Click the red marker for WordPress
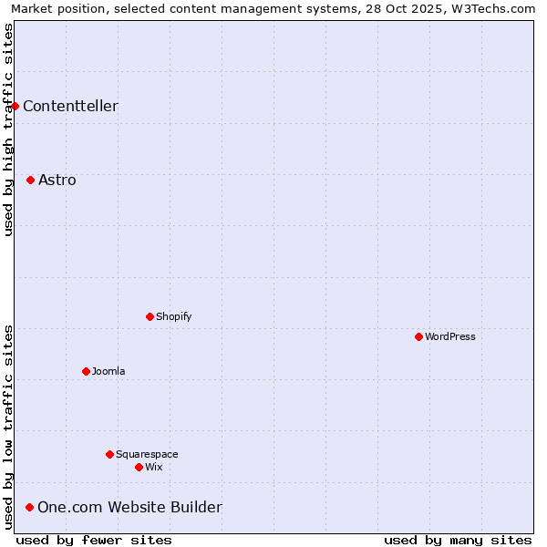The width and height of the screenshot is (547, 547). click(x=418, y=336)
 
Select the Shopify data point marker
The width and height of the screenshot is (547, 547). click(x=150, y=316)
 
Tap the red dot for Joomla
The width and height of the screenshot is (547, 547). click(x=86, y=371)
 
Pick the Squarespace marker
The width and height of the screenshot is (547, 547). click(x=109, y=454)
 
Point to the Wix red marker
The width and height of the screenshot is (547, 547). click(x=139, y=467)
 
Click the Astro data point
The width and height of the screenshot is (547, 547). click(x=30, y=180)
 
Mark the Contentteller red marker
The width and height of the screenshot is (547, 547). click(x=15, y=106)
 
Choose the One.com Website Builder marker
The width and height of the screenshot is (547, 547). click(x=29, y=507)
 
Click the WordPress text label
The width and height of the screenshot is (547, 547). click(x=450, y=336)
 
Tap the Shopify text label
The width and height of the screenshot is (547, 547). click(x=174, y=316)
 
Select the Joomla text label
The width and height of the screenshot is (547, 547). click(x=108, y=371)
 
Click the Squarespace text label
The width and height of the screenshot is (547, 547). click(x=147, y=454)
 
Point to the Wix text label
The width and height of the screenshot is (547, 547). click(x=154, y=467)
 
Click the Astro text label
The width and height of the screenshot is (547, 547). click(x=57, y=180)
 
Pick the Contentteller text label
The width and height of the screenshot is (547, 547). click(x=70, y=106)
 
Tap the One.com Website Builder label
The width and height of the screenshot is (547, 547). click(x=129, y=507)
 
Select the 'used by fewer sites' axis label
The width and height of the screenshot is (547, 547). click(x=94, y=540)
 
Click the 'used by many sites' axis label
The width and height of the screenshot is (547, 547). click(x=458, y=540)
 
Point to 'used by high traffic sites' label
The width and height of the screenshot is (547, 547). click(x=8, y=129)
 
